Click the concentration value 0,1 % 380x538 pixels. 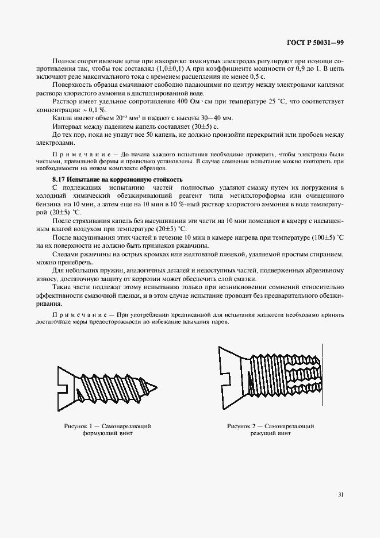(x=102, y=109)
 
